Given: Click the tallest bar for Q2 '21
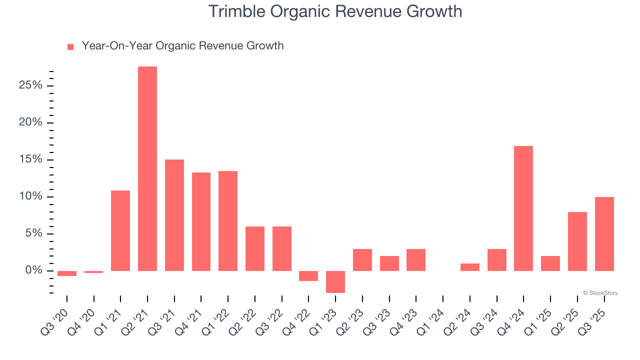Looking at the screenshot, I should pyautogui.click(x=147, y=168).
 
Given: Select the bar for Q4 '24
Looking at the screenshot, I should pyautogui.click(x=523, y=208).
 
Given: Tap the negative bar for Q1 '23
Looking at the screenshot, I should pyautogui.click(x=335, y=282).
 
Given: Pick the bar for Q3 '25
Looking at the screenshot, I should pyautogui.click(x=604, y=234).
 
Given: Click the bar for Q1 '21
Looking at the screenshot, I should pyautogui.click(x=120, y=230).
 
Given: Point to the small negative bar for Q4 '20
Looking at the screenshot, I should pyautogui.click(x=93, y=272).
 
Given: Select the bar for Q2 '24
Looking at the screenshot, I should pyautogui.click(x=470, y=267).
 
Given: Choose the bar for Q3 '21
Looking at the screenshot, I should pyautogui.click(x=174, y=215).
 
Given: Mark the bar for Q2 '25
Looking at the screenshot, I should pyautogui.click(x=577, y=241).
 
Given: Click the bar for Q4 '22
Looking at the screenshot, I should pyautogui.click(x=308, y=276).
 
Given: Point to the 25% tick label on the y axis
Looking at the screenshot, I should pyautogui.click(x=30, y=85).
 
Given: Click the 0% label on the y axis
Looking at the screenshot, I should pyautogui.click(x=33, y=270).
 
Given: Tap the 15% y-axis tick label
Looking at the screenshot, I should pyautogui.click(x=30, y=159).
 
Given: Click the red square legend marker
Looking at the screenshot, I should pyautogui.click(x=70, y=46).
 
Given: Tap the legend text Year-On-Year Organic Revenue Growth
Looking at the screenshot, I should pyautogui.click(x=182, y=46).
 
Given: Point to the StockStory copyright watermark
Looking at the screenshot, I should pyautogui.click(x=600, y=293).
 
